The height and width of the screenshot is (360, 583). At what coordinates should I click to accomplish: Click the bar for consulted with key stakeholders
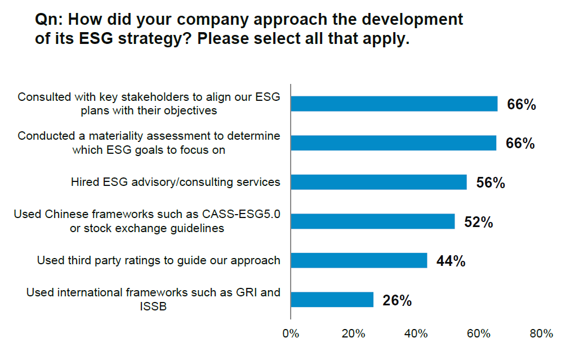point(394,104)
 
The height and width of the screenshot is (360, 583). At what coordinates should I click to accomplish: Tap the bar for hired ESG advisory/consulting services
point(379,182)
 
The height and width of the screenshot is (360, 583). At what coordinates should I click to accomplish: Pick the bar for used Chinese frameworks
point(372,221)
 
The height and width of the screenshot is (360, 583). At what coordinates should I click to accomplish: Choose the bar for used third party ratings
point(359,260)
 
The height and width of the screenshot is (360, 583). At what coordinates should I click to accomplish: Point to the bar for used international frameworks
point(332,300)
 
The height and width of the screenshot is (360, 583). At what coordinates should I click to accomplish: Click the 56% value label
point(491,183)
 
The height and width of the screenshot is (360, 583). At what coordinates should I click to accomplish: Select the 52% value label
point(478,222)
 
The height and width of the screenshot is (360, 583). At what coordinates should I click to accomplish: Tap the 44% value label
point(451,261)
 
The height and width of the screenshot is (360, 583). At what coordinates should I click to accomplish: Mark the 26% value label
point(397,300)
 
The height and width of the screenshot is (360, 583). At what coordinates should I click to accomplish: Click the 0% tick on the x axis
point(290,334)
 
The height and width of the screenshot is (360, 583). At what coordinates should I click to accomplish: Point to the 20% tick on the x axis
point(353,334)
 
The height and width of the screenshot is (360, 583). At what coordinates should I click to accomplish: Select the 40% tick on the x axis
point(416,334)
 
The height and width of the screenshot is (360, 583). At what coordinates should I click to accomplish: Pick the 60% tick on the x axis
point(479,334)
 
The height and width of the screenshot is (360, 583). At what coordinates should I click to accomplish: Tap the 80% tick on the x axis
point(541,334)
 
